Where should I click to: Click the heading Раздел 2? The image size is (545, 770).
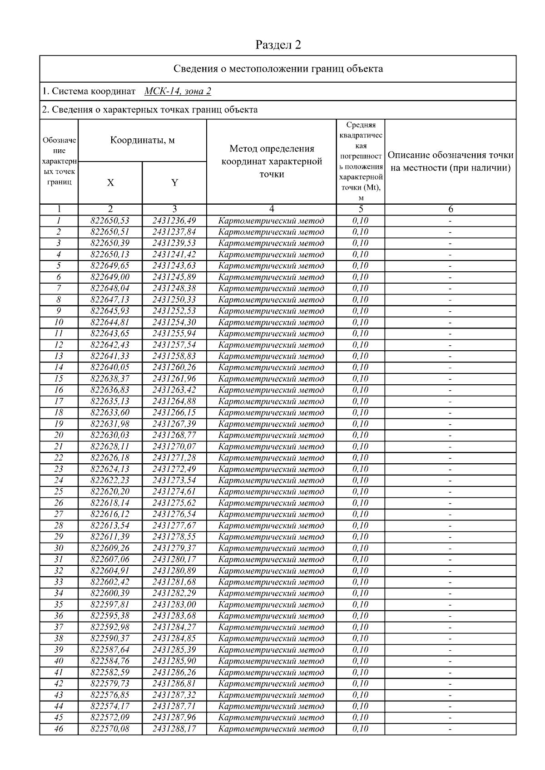click(278, 44)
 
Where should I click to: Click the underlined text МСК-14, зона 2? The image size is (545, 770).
click(178, 91)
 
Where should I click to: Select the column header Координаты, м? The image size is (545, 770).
click(142, 140)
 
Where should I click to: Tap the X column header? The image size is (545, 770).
click(110, 182)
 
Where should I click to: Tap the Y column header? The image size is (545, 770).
click(174, 182)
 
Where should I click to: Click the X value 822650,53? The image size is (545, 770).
click(110, 221)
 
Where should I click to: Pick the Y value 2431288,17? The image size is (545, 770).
click(174, 729)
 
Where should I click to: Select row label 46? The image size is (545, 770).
click(59, 729)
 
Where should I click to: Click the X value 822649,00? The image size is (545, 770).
click(110, 277)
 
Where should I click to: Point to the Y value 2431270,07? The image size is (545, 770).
click(174, 446)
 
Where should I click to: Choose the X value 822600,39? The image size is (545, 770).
click(110, 593)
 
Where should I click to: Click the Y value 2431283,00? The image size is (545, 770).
click(174, 605)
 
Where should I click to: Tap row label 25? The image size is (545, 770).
click(59, 492)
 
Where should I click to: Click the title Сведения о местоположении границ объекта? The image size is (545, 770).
click(278, 69)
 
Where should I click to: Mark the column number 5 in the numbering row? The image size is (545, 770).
click(361, 209)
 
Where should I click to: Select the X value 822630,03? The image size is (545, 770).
click(110, 435)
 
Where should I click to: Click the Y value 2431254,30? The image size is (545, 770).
click(174, 323)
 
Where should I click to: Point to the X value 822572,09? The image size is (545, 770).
click(110, 717)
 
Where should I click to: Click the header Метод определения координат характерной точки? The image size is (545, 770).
click(272, 161)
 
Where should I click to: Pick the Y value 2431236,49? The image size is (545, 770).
click(174, 221)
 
